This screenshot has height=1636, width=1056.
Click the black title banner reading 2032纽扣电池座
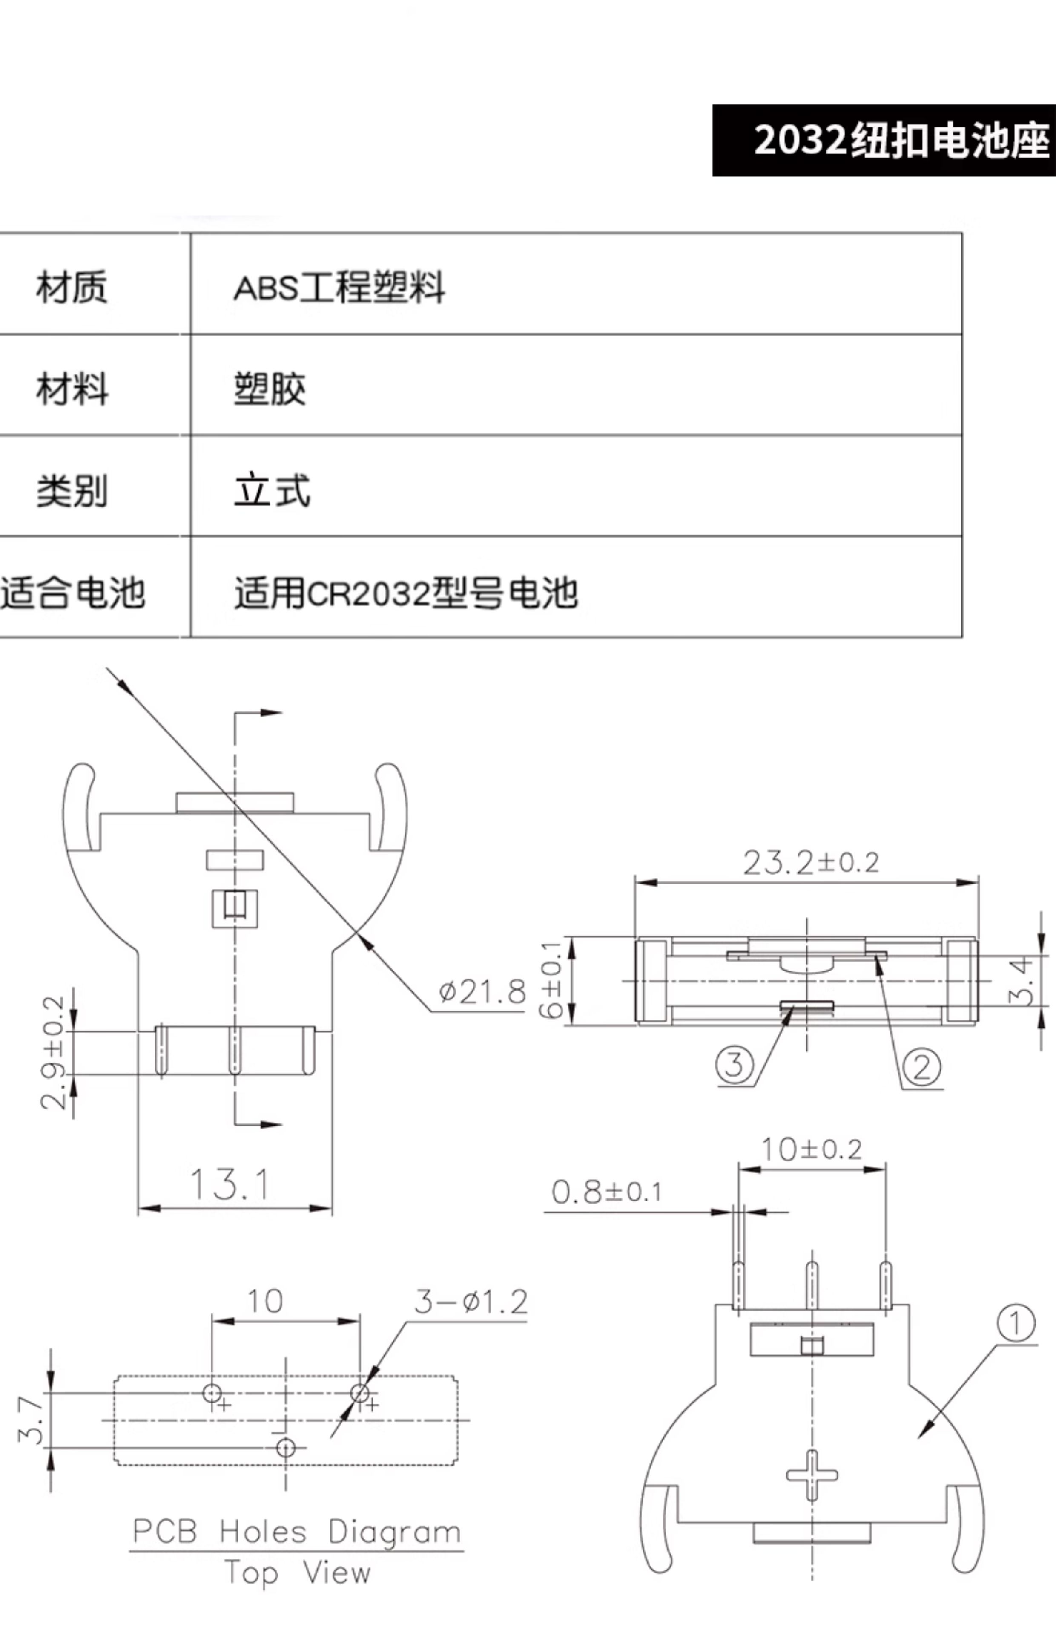pyautogui.click(x=884, y=141)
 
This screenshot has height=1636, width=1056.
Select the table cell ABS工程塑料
pyautogui.click(x=339, y=287)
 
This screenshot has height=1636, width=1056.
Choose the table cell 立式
pyautogui.click(x=272, y=490)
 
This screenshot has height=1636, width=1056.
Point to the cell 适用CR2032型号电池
pyautogui.click(x=406, y=593)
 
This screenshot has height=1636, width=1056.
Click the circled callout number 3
pyautogui.click(x=735, y=1065)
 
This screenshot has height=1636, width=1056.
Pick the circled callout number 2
pyautogui.click(x=921, y=1067)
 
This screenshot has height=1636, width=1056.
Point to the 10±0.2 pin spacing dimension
pyautogui.click(x=811, y=1149)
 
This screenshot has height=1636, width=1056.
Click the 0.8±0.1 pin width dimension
pyautogui.click(x=607, y=1192)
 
